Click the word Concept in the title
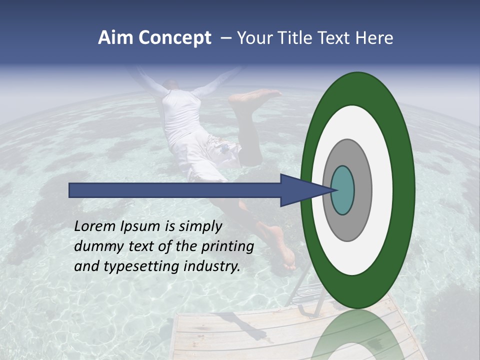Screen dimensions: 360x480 pyautogui.click(x=175, y=38)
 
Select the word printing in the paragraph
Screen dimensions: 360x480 pyautogui.click(x=226, y=246)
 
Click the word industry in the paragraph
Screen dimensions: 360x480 pyautogui.click(x=212, y=266)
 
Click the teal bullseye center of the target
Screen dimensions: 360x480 pyautogui.click(x=342, y=190)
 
